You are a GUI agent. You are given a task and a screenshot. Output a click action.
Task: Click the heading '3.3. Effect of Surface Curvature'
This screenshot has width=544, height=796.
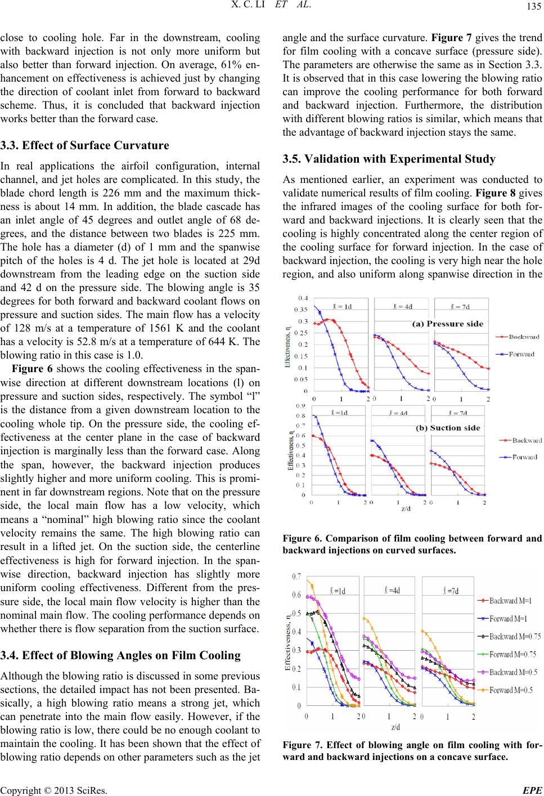pyautogui.click(x=85, y=145)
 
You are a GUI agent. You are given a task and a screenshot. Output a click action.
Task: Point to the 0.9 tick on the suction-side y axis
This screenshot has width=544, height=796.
pyautogui.click(x=301, y=406)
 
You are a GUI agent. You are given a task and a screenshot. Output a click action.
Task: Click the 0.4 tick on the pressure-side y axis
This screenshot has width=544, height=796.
pyautogui.click(x=303, y=297)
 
